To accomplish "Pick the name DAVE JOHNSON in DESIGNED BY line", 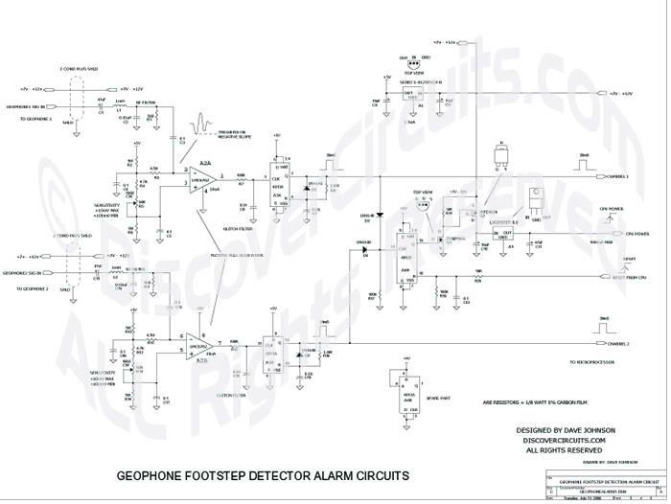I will pyautogui.click(x=593, y=428).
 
